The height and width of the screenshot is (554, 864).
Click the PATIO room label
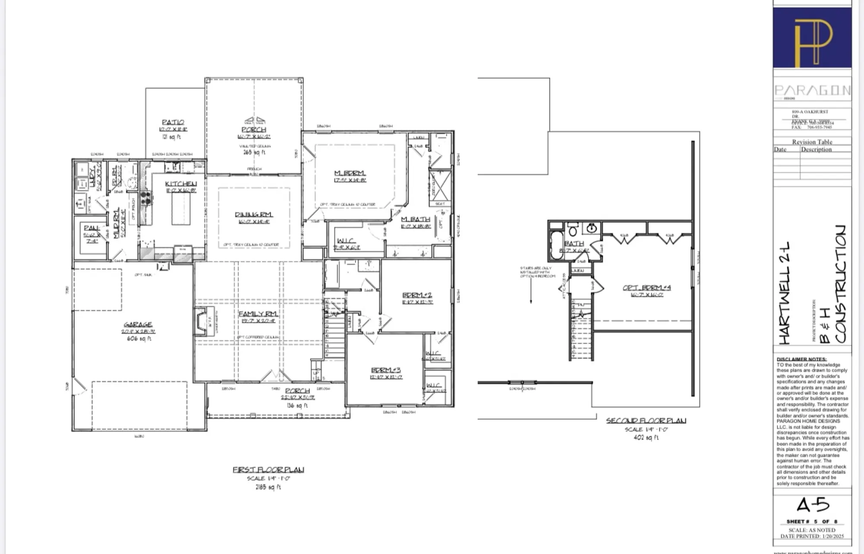(173, 122)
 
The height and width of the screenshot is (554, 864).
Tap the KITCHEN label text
(181, 184)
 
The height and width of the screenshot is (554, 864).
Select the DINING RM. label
(254, 214)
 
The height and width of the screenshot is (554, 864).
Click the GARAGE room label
(138, 324)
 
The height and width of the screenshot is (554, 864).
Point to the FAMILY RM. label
(258, 314)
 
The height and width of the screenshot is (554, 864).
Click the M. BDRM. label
(349, 173)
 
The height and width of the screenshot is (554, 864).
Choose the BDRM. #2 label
(417, 295)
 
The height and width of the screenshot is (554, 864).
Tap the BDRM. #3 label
(386, 370)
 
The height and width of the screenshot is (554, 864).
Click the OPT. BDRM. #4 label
(646, 288)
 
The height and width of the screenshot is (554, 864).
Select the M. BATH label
(416, 220)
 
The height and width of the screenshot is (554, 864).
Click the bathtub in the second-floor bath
(556, 245)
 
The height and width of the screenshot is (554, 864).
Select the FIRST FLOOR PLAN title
(268, 470)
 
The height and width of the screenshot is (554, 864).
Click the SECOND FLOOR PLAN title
(645, 420)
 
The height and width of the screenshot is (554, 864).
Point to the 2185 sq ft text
(268, 487)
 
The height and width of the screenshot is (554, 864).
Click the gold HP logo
(813, 41)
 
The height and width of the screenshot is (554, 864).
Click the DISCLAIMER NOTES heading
(801, 359)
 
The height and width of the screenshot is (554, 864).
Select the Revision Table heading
(812, 142)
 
